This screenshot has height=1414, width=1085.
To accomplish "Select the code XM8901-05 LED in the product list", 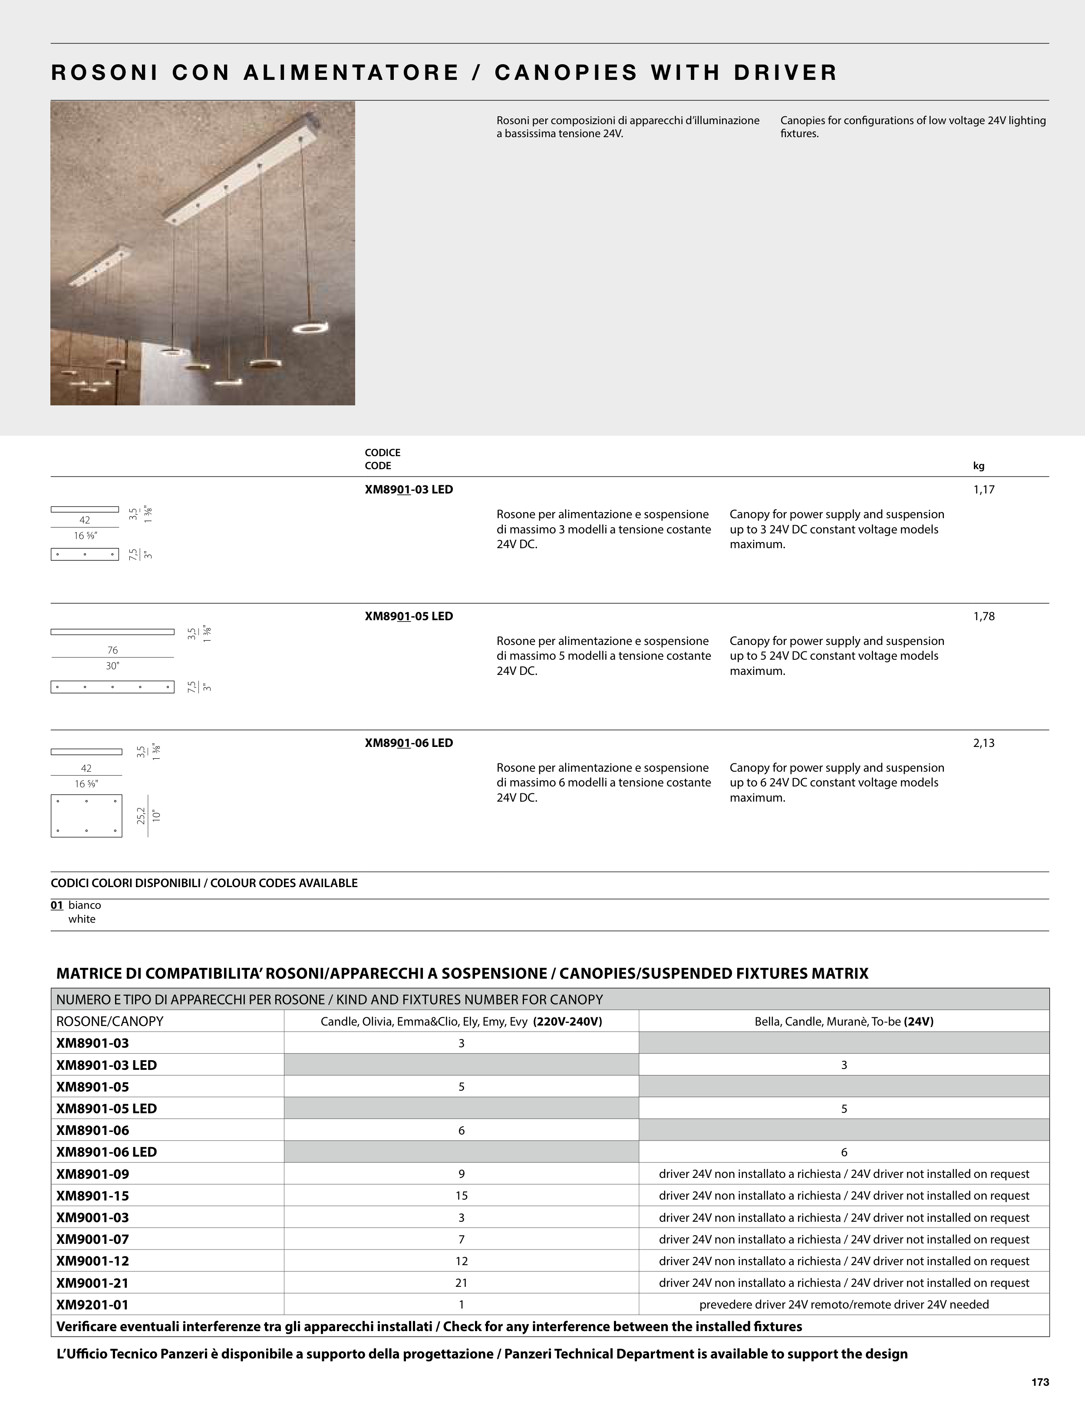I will pos(409,616).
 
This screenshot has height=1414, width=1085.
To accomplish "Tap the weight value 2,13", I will pos(983,743).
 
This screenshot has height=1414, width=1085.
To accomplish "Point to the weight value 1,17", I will pos(983,490).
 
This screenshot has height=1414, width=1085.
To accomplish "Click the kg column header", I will pos(979,466).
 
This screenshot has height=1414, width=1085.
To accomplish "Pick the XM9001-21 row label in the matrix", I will pos(92,1283).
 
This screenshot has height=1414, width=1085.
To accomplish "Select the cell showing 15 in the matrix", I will pos(461,1196).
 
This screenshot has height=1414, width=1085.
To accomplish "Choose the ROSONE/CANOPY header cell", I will pos(110,1021).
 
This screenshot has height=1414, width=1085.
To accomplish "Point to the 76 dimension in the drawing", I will pos(112,650).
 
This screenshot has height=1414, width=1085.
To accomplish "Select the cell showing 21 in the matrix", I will pos(461,1283).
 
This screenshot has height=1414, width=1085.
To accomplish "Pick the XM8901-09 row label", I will pos(92,1174).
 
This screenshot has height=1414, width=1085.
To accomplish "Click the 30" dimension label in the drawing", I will pos(112,666).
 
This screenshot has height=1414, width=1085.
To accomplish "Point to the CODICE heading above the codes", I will pos(383,453).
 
